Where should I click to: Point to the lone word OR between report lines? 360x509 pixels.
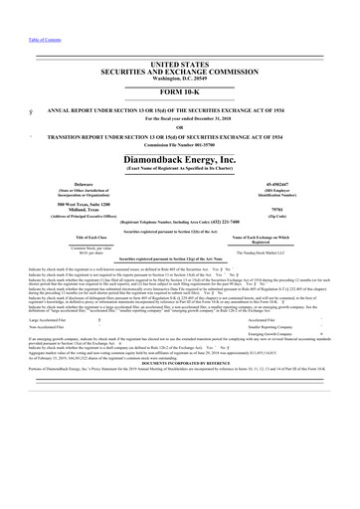pyautogui.click(x=180, y=125)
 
